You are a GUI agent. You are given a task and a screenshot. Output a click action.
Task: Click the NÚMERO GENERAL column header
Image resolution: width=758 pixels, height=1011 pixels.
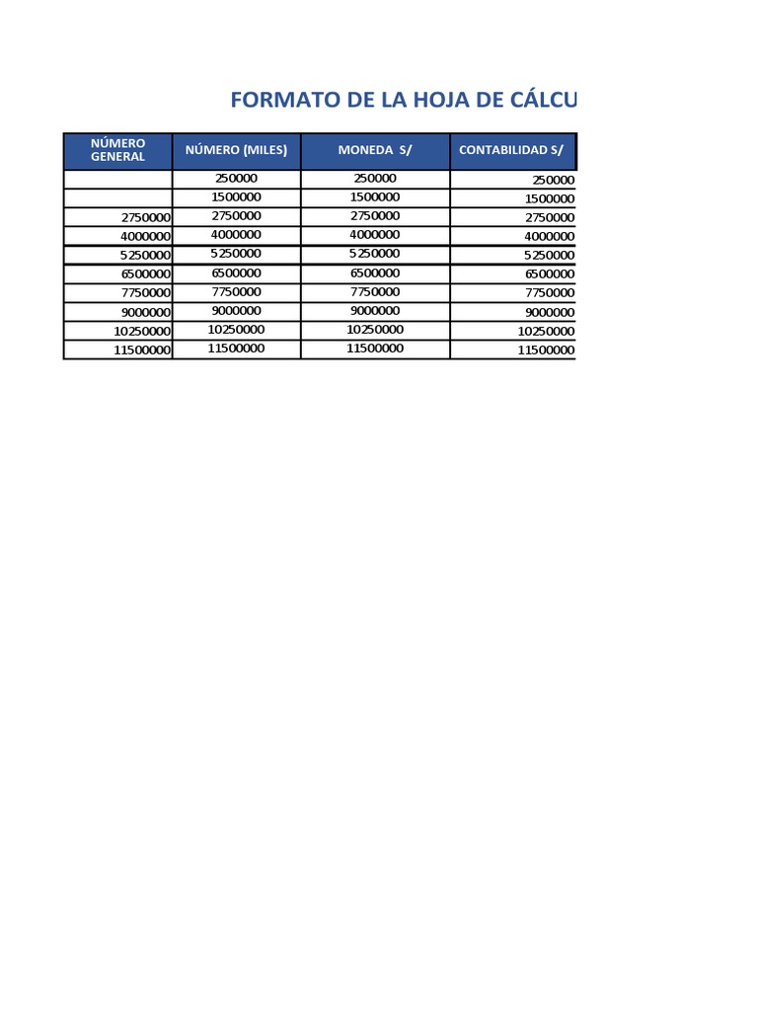point(117,150)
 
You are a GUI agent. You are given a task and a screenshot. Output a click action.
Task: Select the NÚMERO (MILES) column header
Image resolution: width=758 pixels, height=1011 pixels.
point(236,150)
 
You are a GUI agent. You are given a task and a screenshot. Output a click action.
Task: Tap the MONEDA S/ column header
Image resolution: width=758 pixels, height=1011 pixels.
point(374,150)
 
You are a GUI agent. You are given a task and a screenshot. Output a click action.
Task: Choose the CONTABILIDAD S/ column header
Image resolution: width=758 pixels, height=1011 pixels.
point(511,150)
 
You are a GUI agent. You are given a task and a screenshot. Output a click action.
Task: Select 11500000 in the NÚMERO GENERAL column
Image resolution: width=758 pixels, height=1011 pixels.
point(142,350)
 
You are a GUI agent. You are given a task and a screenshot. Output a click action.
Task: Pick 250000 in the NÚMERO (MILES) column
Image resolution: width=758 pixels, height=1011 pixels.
point(236,179)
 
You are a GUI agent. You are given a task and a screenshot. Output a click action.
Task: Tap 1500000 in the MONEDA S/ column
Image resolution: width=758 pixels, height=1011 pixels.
point(374,197)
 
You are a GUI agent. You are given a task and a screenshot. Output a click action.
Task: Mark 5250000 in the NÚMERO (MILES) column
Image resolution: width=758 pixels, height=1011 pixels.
point(236,254)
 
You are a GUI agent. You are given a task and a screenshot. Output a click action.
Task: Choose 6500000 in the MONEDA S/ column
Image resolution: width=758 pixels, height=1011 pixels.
point(374,272)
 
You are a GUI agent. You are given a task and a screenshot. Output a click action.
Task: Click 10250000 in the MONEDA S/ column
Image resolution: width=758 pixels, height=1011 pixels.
point(374,330)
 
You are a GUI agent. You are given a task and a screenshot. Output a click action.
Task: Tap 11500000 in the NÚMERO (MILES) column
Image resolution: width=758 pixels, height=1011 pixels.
point(236,349)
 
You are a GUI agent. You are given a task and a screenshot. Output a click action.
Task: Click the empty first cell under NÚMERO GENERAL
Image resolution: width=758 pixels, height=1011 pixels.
point(117,179)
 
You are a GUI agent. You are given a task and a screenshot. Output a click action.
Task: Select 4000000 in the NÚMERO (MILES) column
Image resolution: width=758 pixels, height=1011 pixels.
point(236,235)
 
